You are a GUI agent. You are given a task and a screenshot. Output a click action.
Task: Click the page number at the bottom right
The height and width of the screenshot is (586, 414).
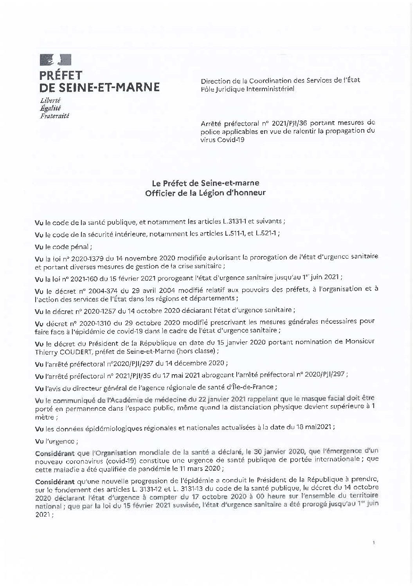coord(374,543)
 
